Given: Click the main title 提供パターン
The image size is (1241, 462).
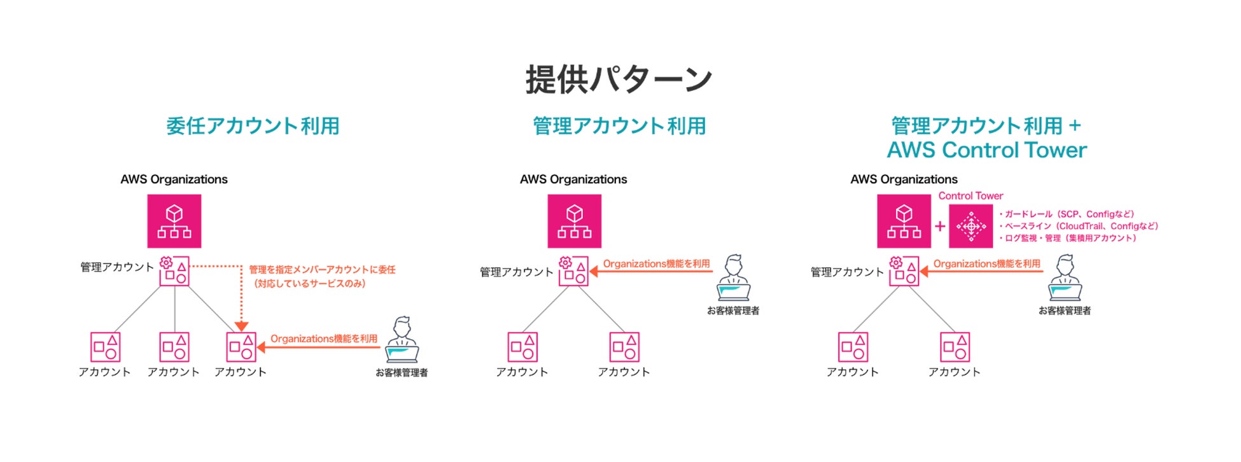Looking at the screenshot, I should click(x=619, y=80).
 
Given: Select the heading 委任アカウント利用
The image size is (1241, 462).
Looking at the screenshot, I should click(x=253, y=126).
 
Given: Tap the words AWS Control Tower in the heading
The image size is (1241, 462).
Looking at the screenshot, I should click(x=986, y=150).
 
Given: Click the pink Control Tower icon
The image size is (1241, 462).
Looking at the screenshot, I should click(x=971, y=226).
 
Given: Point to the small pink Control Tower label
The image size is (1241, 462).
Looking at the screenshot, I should click(x=971, y=196).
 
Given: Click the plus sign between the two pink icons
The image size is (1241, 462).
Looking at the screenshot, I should click(x=940, y=226).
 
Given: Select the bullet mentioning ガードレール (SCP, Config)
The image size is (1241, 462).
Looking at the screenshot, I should click(x=1067, y=214).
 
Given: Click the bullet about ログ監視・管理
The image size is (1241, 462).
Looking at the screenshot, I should click(x=1068, y=238).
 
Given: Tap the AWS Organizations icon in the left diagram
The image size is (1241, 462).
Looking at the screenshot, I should click(x=174, y=221).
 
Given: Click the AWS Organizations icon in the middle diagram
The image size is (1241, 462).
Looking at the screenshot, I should click(x=574, y=221).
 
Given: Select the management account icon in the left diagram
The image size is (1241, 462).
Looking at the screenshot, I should click(x=174, y=270).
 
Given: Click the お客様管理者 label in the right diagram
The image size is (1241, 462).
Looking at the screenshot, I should click(x=1065, y=311).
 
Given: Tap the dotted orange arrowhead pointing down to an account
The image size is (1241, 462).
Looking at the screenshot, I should click(x=242, y=326).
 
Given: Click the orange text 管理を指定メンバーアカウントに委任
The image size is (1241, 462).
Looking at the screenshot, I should click(x=322, y=270).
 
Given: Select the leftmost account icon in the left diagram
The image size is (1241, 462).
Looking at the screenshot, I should click(x=105, y=347).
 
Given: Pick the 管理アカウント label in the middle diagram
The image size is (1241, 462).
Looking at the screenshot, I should click(x=517, y=272).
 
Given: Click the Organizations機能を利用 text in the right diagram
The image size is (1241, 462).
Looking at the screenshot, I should click(x=986, y=263).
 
